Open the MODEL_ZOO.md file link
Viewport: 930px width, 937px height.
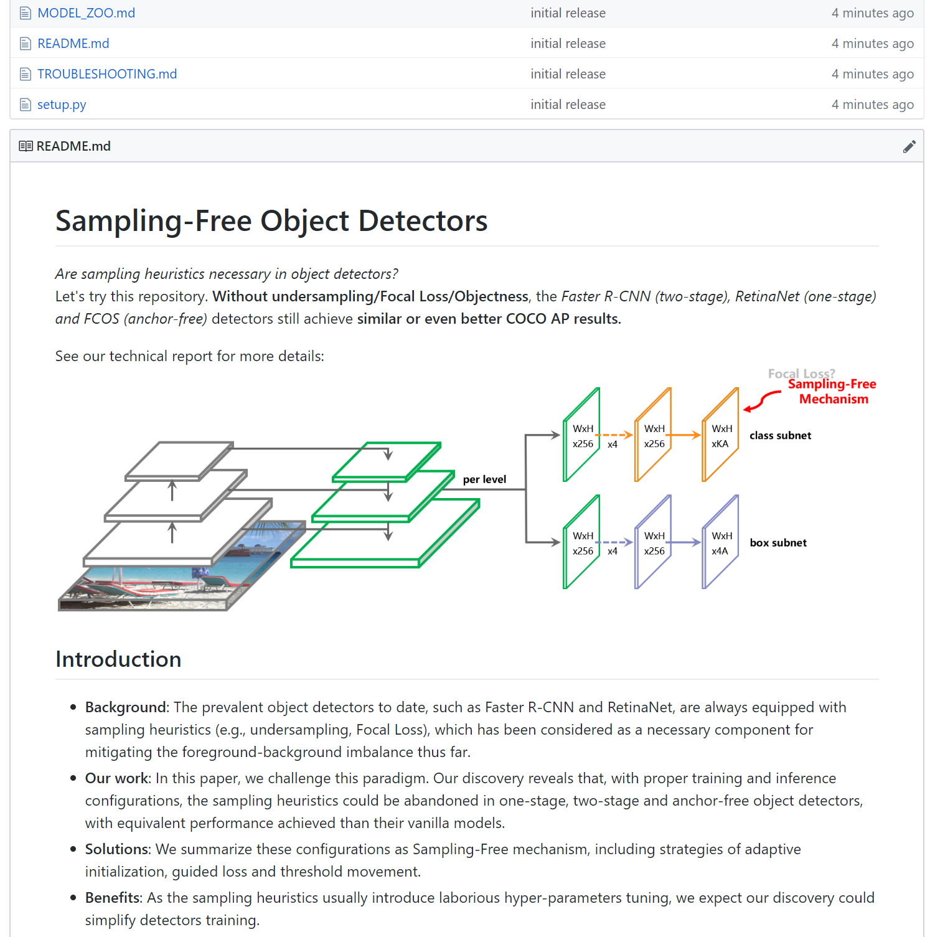pyautogui.click(x=86, y=13)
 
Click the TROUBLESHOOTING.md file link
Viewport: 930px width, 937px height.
pyautogui.click(x=106, y=74)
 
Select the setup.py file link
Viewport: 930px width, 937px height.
pyautogui.click(x=62, y=105)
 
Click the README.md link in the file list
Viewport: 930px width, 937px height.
pyautogui.click(x=73, y=44)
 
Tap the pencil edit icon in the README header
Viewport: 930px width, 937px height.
pyautogui.click(x=909, y=146)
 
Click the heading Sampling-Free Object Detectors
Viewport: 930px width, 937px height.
pyautogui.click(x=271, y=221)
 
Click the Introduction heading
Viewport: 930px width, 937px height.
pyautogui.click(x=118, y=659)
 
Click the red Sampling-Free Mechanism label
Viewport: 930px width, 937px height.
pyautogui.click(x=832, y=392)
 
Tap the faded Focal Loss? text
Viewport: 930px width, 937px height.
pyautogui.click(x=801, y=373)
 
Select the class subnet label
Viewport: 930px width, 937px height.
pyautogui.click(x=780, y=436)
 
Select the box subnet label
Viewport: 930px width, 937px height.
pyautogui.click(x=777, y=543)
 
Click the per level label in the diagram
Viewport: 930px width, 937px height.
pyautogui.click(x=484, y=479)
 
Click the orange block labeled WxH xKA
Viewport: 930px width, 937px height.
pyautogui.click(x=720, y=436)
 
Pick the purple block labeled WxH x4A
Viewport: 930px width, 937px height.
pyautogui.click(x=720, y=543)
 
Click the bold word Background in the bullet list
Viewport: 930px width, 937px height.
pyautogui.click(x=126, y=707)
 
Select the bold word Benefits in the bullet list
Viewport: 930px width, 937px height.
pyautogui.click(x=113, y=898)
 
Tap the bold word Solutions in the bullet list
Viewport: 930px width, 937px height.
pyautogui.click(x=117, y=849)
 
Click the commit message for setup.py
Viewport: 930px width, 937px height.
pyautogui.click(x=568, y=105)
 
